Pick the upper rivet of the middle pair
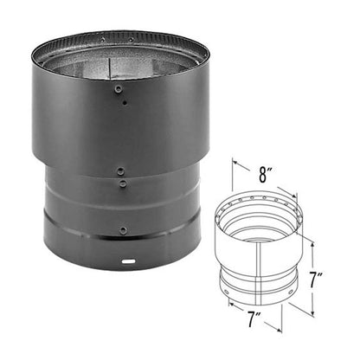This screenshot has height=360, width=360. (x=121, y=171)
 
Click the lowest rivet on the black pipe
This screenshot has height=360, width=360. (x=123, y=230)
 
